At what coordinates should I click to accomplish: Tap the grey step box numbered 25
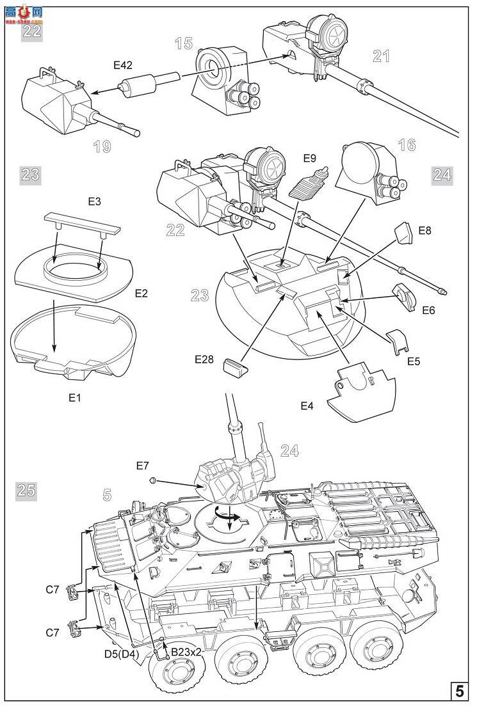(27, 491)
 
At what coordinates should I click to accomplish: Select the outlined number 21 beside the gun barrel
(382, 56)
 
